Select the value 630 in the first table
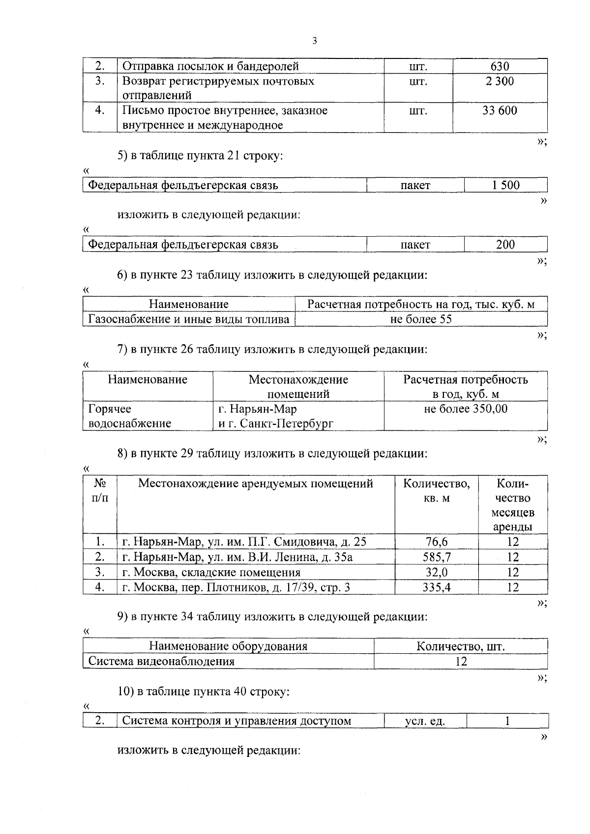click(500, 66)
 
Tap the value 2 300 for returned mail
click(500, 81)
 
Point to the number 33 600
click(500, 111)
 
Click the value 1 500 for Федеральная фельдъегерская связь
click(505, 185)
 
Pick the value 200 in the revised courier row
click(505, 245)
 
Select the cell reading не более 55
click(421, 319)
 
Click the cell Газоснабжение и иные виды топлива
click(189, 319)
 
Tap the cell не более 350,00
click(465, 409)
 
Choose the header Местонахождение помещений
click(298, 387)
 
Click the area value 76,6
click(437, 542)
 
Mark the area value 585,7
click(437, 557)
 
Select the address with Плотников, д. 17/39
click(236, 587)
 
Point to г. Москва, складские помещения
click(211, 572)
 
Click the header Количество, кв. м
click(437, 491)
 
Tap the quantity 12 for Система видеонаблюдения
click(461, 661)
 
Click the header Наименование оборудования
click(228, 646)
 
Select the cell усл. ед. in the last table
click(425, 721)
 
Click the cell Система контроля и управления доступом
click(236, 721)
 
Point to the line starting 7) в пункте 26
click(272, 350)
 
